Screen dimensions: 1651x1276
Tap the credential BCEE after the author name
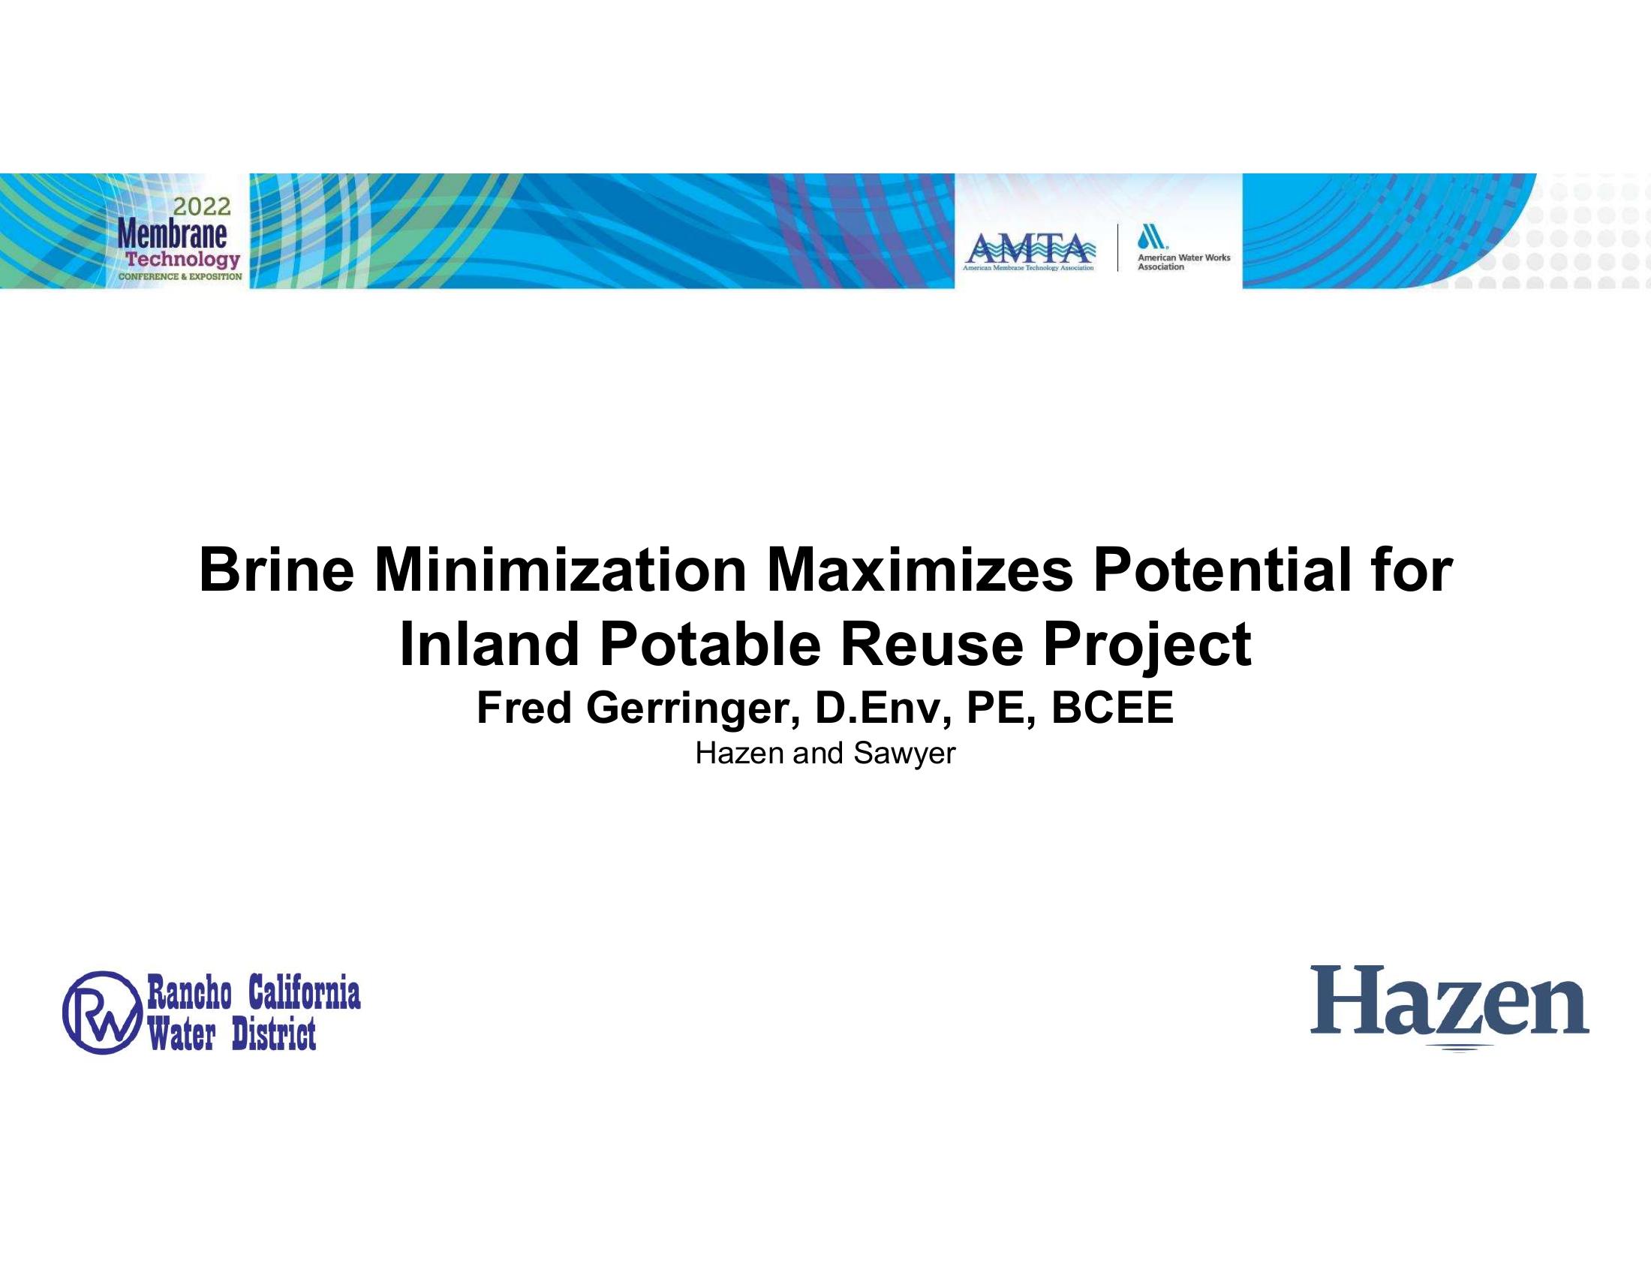(1113, 709)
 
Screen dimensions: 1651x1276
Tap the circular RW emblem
(103, 1013)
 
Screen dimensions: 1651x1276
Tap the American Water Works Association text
(1183, 261)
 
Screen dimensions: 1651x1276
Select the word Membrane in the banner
(173, 234)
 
